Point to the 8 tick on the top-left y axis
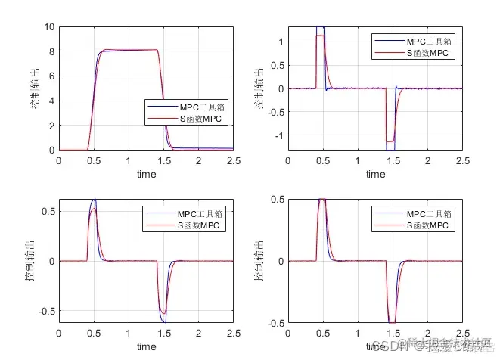pyautogui.click(x=49, y=52)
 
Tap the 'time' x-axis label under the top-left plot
pyautogui.click(x=147, y=174)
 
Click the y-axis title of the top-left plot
pyautogui.click(x=35, y=88)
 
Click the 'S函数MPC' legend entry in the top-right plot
pyautogui.click(x=427, y=53)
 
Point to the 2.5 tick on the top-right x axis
pyautogui.click(x=463, y=160)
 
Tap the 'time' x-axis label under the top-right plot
pyautogui.click(x=376, y=174)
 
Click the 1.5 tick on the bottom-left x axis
pyautogui.click(x=164, y=333)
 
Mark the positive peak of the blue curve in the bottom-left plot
pyautogui.click(x=94, y=200)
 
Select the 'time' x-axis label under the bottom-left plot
pyautogui.click(x=147, y=346)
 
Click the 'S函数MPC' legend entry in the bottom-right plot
pyautogui.click(x=427, y=225)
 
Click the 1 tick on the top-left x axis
pyautogui.click(x=129, y=160)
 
